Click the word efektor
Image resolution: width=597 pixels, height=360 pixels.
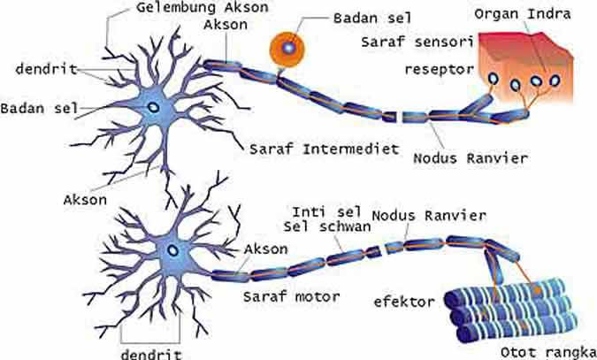click(x=404, y=302)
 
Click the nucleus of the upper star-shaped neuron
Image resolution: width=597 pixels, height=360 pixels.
click(x=154, y=107)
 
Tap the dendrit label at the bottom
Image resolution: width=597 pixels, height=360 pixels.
click(x=150, y=352)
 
